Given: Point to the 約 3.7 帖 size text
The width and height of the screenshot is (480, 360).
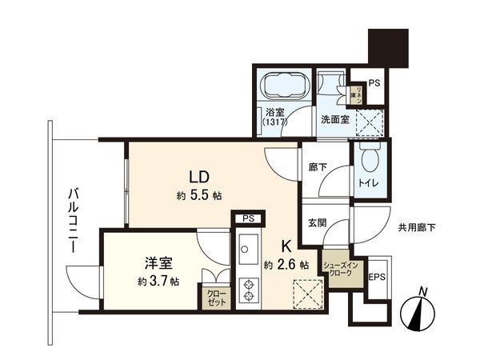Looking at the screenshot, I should [158, 282].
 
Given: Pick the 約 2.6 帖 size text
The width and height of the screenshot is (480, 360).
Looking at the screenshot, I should [286, 266].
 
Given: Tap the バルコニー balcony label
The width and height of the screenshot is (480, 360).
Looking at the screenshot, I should [72, 221].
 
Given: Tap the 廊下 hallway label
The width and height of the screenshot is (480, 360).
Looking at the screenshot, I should [316, 169].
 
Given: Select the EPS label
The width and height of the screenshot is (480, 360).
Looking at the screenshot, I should [378, 278].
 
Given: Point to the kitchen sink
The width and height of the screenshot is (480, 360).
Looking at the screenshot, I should [247, 246].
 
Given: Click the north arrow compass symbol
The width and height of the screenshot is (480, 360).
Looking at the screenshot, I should [420, 312].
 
